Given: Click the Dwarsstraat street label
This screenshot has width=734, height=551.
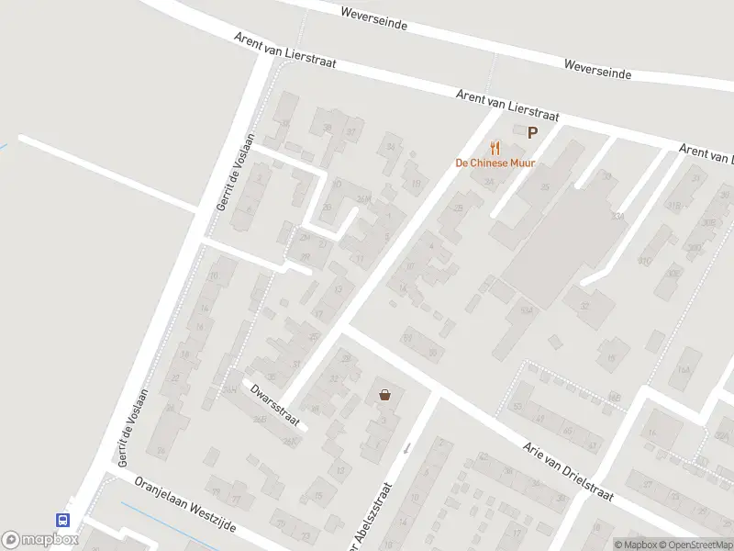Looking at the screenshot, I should pos(275,404).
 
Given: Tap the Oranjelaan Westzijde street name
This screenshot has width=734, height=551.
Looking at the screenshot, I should pos(185,504).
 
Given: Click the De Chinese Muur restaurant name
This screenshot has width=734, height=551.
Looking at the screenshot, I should pos(495,163).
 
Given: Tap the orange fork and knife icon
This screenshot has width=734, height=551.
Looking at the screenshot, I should pos(495,147).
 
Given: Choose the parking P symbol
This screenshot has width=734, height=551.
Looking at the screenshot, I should pos(532,133).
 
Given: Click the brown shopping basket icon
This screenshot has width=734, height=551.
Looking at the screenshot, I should pos(384,395).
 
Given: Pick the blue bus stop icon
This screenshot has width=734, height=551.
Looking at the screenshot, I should pos(63,519).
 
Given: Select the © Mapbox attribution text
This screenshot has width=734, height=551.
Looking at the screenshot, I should pos(636,545).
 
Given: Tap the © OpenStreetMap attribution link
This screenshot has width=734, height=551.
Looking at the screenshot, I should pos(695,545).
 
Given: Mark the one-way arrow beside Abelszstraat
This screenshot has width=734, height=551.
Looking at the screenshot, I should pos(407,447).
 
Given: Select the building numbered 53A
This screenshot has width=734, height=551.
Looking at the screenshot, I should pos(526,311).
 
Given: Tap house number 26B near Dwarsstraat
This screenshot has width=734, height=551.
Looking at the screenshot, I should pos(260,420).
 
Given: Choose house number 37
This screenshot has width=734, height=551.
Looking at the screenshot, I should pos(350,132).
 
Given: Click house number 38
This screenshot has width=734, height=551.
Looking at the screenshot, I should pos(327,129).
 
